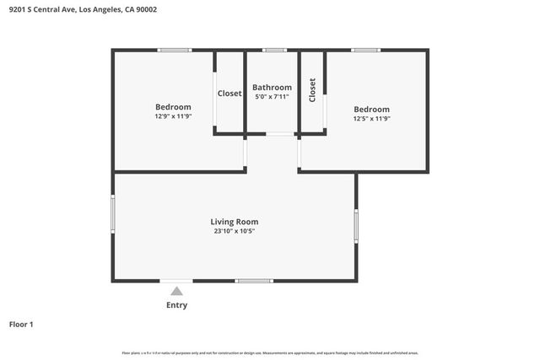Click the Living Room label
pos(235,222)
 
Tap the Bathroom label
pos(273,88)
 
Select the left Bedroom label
pos(173,107)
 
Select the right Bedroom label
pos(371,110)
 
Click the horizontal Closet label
pos(229,94)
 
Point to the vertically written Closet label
pos(312,90)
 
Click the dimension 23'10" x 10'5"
pos(235,231)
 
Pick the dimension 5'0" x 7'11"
pos(273,97)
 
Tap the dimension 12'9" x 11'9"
pos(173,116)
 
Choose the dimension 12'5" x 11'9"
pos(371,119)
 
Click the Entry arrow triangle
pos(177,291)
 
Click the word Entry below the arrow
pos(177,305)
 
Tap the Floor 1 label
pos(21,324)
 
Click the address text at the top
pos(82,9)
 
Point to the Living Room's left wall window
pos(113,213)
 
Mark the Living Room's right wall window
pos(357,225)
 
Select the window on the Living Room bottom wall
pos(254,281)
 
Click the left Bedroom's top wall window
pos(175,51)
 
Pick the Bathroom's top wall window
pos(273,51)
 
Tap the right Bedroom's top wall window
pos(365,51)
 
